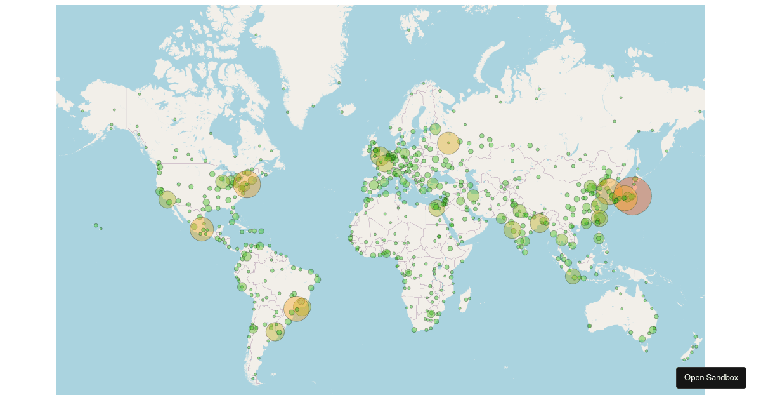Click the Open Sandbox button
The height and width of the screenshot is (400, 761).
coord(711,377)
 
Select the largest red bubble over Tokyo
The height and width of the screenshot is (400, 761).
coord(632,196)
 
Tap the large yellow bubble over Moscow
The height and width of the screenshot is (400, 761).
coord(448,143)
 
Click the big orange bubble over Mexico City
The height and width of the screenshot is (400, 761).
coord(202,229)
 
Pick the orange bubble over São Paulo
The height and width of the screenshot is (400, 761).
coord(296,309)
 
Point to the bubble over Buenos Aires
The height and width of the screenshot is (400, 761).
coord(275,331)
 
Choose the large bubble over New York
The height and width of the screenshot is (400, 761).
coord(247,185)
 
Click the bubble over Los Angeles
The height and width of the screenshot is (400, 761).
coord(167,199)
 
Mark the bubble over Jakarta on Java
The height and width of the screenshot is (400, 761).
coord(573,276)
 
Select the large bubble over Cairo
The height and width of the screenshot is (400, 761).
coord(436,208)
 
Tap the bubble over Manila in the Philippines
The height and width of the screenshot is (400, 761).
coord(599,238)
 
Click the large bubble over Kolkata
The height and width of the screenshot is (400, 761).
coord(540,223)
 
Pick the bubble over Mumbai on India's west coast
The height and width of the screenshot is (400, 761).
coord(512,229)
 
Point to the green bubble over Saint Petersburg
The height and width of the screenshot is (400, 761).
coord(435,129)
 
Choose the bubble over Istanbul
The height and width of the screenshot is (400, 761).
coord(433,183)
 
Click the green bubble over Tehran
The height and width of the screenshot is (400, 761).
coord(473,196)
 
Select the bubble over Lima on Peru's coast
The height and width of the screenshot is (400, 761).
coord(242,287)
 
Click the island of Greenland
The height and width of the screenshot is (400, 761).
coord(304,57)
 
